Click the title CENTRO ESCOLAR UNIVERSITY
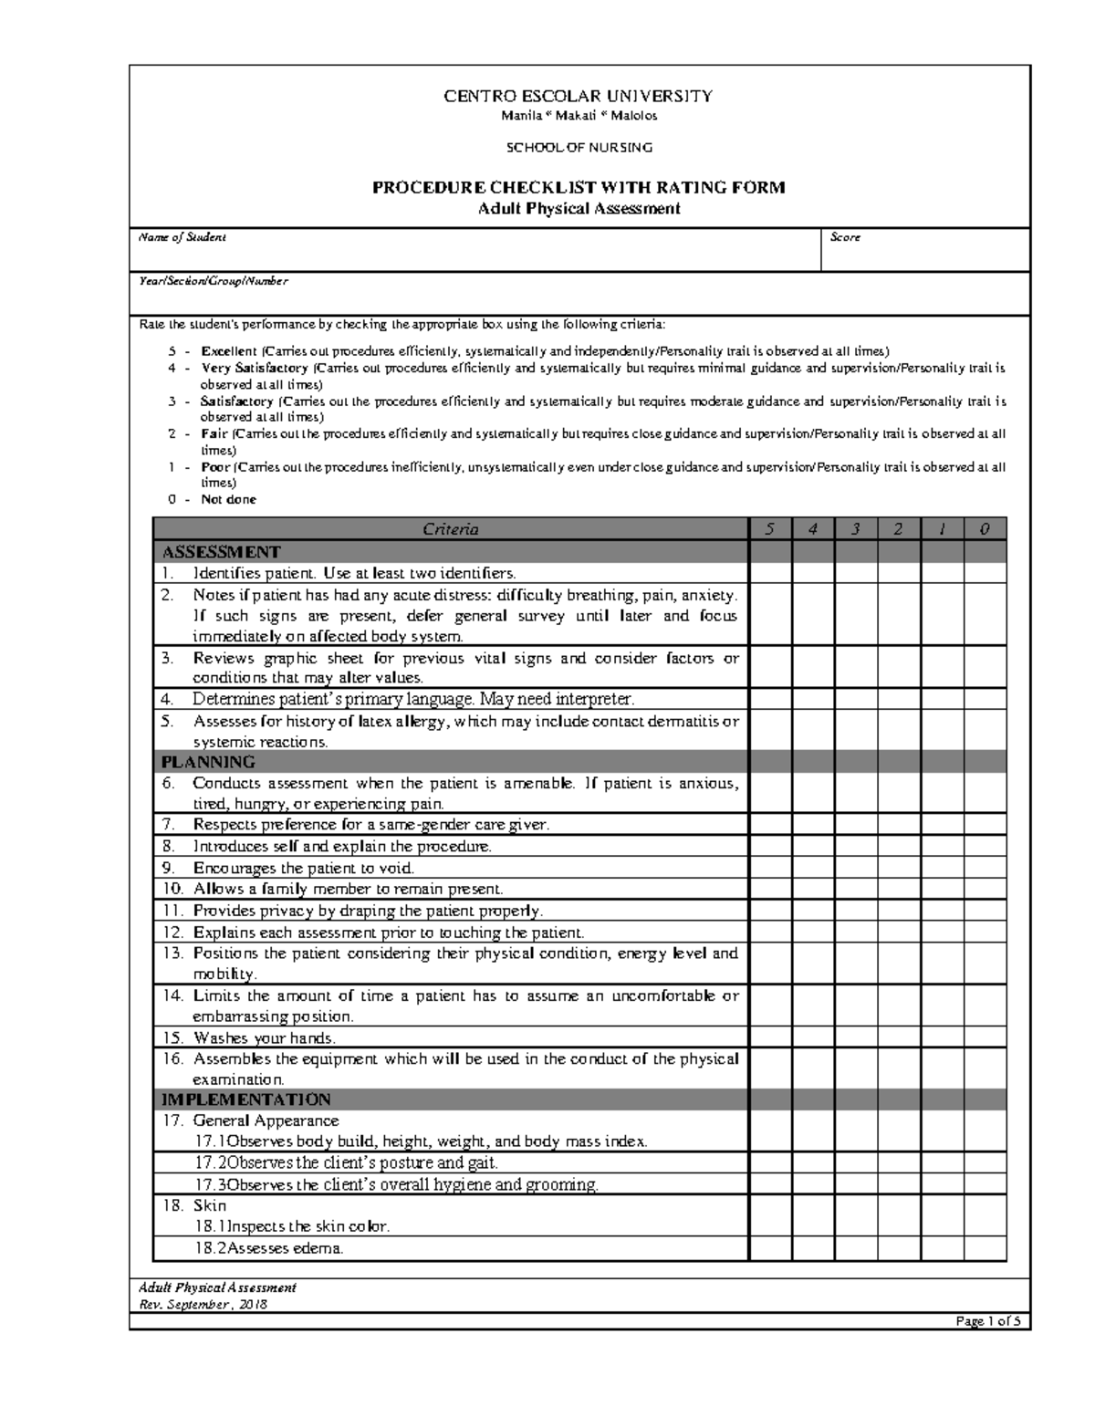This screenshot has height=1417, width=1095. (578, 96)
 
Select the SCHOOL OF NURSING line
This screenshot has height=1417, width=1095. (579, 147)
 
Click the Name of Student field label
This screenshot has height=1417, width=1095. (182, 237)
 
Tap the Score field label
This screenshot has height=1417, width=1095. (845, 237)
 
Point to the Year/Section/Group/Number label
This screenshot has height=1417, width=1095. (213, 281)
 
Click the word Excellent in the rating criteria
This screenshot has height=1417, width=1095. (229, 351)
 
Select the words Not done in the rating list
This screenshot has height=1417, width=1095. (228, 499)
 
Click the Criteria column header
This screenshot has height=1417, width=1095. (451, 529)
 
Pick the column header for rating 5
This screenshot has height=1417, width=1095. (770, 529)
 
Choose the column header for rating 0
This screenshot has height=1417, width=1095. (985, 529)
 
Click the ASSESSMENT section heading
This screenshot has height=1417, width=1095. (221, 552)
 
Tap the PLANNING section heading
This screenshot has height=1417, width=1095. (208, 762)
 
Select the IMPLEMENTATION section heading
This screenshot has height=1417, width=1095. (245, 1099)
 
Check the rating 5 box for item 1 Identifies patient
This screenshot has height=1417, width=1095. (770, 573)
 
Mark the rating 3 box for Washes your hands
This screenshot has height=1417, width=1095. (856, 1037)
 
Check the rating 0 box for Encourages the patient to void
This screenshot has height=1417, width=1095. (985, 868)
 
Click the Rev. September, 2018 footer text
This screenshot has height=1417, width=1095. (203, 1305)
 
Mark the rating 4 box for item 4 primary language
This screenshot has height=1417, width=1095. (813, 700)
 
